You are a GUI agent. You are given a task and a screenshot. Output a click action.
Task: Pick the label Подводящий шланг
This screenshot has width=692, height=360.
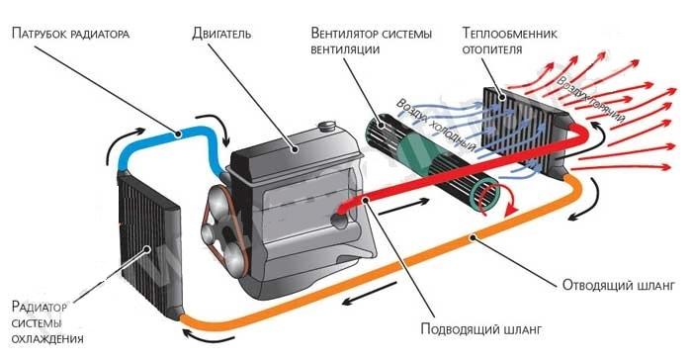tap(465, 328)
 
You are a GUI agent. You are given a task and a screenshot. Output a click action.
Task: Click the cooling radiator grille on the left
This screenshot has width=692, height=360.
tap(148, 237)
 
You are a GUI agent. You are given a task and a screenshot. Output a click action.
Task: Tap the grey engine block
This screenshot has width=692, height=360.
tap(287, 198)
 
